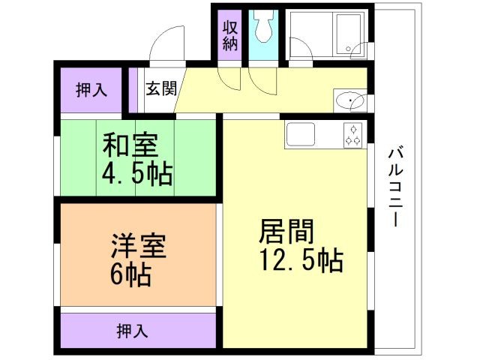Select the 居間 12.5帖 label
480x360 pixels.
point(300,244)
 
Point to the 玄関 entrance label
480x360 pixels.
point(160,88)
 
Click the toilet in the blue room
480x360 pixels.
point(262,28)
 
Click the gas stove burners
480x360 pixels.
point(353,134)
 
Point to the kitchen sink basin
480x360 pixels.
point(303,134)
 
